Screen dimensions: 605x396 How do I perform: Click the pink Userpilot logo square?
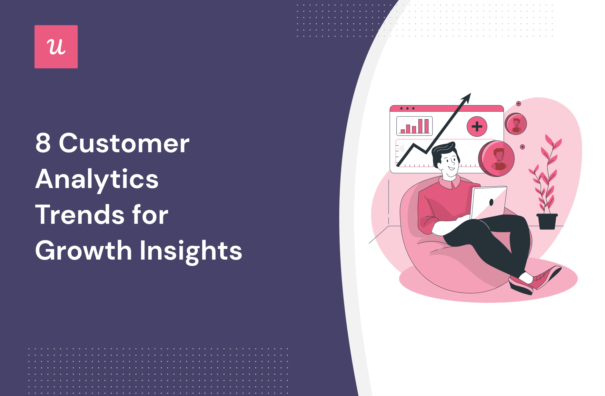click(56, 47)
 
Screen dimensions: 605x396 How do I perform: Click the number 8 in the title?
click(43, 143)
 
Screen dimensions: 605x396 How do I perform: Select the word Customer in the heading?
click(124, 143)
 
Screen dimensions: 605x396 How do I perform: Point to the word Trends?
click(80, 214)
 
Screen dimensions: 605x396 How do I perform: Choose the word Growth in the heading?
click(84, 250)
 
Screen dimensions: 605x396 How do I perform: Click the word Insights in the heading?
click(191, 252)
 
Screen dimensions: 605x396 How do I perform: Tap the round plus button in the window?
click(477, 126)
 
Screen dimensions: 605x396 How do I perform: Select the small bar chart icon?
click(414, 126)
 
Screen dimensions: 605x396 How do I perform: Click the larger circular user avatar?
click(496, 158)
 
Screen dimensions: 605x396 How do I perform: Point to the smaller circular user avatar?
click(516, 124)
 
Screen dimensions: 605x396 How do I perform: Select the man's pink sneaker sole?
click(520, 287)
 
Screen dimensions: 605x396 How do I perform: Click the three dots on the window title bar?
click(407, 108)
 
